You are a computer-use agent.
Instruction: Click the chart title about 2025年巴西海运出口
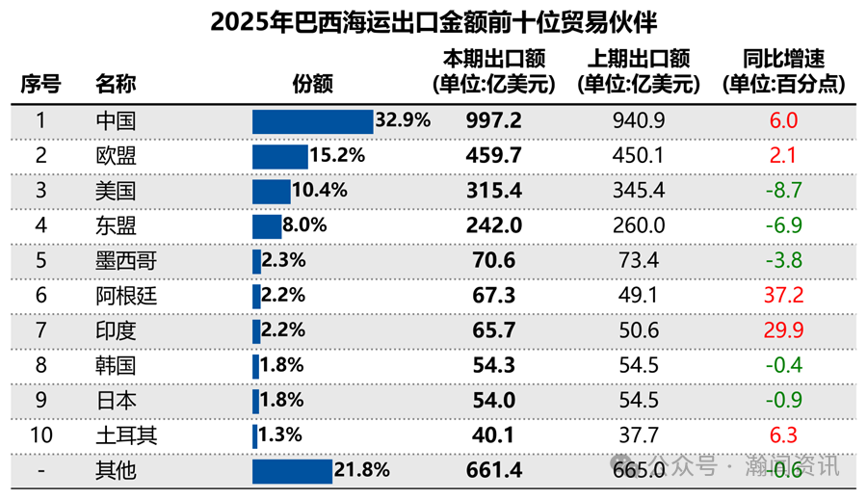433,21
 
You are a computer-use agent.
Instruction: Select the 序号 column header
40,84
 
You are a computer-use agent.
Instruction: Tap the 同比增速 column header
783,72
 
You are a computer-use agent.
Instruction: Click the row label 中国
116,121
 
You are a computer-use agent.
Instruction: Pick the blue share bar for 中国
312,121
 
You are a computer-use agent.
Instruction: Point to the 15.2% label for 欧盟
336,156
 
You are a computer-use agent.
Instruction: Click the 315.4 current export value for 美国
495,191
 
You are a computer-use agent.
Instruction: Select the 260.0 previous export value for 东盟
638,225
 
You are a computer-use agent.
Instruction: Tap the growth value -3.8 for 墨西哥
783,261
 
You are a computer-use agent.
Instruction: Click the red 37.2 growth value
783,296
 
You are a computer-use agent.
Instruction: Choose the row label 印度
116,330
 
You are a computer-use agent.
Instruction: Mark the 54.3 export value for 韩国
495,365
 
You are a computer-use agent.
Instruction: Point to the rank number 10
40,435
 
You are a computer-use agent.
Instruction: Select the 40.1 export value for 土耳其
495,435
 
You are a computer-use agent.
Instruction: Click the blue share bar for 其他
292,470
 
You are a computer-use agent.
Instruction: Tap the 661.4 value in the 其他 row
495,470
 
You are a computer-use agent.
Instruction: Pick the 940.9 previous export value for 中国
638,121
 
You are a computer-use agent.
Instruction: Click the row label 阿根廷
126,296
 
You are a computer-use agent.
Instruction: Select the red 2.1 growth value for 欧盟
783,156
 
